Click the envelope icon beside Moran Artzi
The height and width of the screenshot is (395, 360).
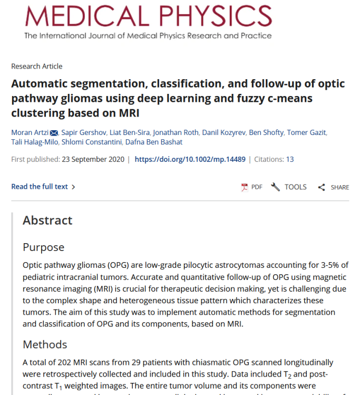point(54,132)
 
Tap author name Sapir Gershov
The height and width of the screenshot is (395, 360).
point(83,132)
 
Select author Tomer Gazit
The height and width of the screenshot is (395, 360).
point(306,132)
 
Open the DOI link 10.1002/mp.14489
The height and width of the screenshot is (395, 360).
point(190,159)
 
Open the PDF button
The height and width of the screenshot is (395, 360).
point(251,187)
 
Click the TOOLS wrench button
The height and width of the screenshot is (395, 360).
point(289,187)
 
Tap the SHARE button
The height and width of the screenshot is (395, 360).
point(334,187)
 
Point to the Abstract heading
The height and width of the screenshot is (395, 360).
point(47,220)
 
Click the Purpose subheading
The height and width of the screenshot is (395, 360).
point(43,247)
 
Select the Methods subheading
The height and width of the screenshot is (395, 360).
point(45,344)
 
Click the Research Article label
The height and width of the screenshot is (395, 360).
point(36,66)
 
